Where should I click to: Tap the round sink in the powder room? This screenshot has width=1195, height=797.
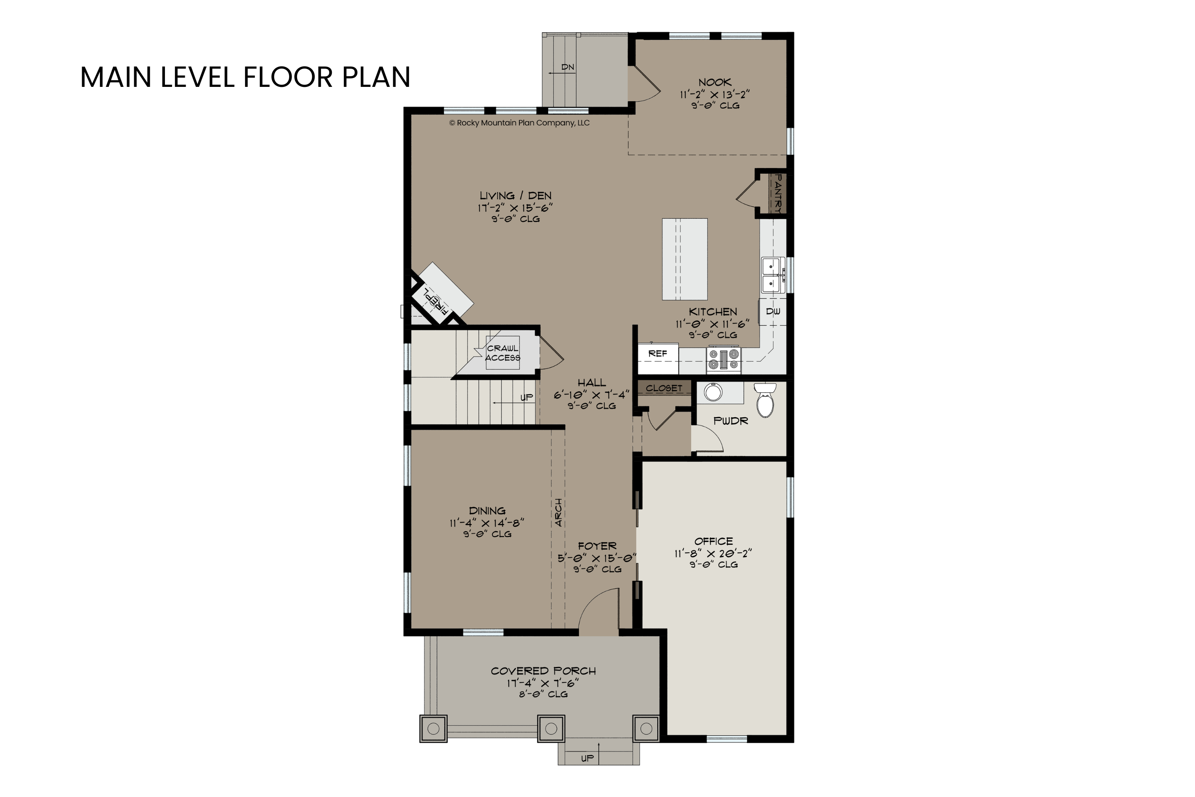pyautogui.click(x=713, y=393)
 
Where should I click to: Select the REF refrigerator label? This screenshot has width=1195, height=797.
pyautogui.click(x=658, y=353)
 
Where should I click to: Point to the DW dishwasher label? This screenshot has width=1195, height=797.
pyautogui.click(x=773, y=312)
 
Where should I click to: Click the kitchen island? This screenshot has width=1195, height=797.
pyautogui.click(x=684, y=259)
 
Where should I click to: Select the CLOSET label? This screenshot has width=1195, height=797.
pyautogui.click(x=664, y=388)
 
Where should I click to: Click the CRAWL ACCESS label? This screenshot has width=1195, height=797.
pyautogui.click(x=502, y=353)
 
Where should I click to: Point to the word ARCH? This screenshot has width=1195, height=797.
pyautogui.click(x=558, y=512)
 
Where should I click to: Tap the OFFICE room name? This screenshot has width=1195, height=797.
pyautogui.click(x=713, y=541)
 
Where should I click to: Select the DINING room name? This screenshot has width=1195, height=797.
pyautogui.click(x=487, y=511)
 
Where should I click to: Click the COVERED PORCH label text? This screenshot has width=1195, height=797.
pyautogui.click(x=543, y=671)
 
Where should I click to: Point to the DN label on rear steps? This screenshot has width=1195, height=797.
pyautogui.click(x=568, y=67)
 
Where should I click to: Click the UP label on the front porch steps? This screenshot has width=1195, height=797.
pyautogui.click(x=587, y=758)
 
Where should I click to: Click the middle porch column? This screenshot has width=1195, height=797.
pyautogui.click(x=551, y=729)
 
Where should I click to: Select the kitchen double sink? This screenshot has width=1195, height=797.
pyautogui.click(x=773, y=275)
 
